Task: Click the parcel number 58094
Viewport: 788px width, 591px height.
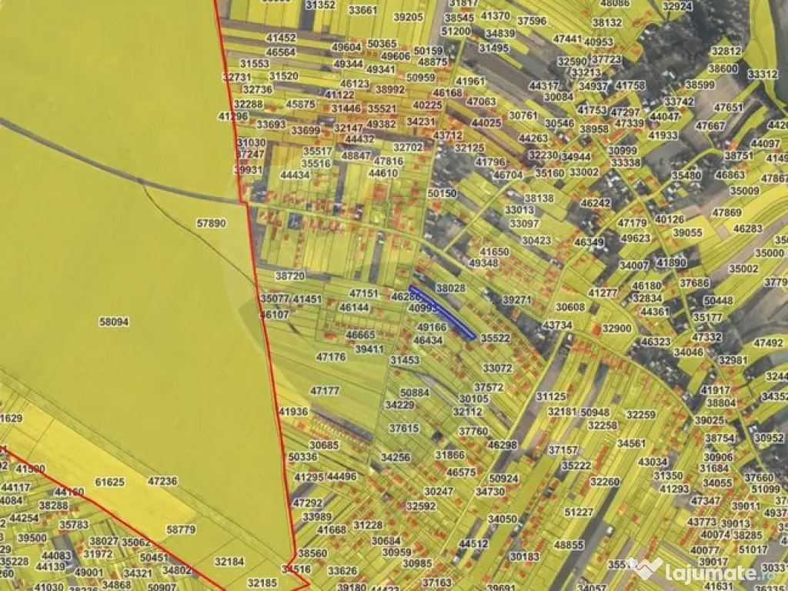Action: [x=114, y=322]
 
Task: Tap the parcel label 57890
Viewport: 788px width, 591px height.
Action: [x=212, y=223]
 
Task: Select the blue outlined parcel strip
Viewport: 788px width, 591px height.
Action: [x=442, y=312]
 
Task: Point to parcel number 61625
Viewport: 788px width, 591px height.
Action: [x=109, y=482]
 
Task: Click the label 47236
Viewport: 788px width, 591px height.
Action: [x=162, y=481]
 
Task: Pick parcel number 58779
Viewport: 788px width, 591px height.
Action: [x=181, y=530]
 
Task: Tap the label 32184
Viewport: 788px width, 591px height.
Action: [x=229, y=562]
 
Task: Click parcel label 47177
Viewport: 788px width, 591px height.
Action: [x=325, y=391]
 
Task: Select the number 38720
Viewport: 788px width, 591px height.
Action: [x=290, y=275]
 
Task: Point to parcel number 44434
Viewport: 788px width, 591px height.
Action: [x=295, y=175]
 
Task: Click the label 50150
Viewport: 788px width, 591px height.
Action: [x=442, y=193]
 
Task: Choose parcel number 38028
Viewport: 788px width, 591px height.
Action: [x=451, y=288]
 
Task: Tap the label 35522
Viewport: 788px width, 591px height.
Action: [x=496, y=338]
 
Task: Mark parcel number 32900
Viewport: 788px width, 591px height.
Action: [x=616, y=328]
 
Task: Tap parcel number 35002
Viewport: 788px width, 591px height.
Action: [x=744, y=269]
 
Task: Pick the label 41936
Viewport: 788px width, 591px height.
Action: [x=293, y=412]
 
